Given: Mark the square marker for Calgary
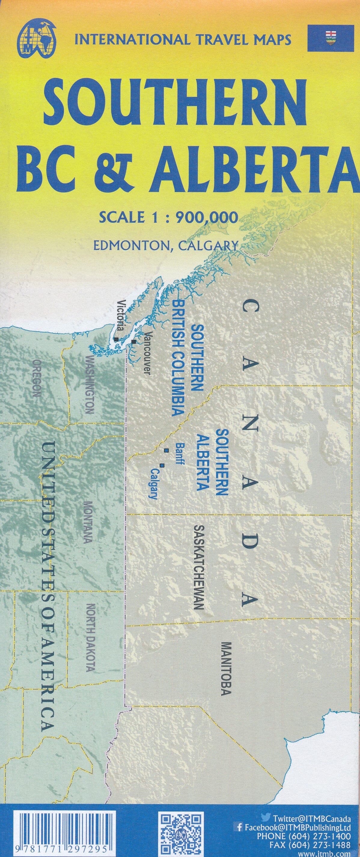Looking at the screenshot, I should pyautogui.click(x=162, y=465).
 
